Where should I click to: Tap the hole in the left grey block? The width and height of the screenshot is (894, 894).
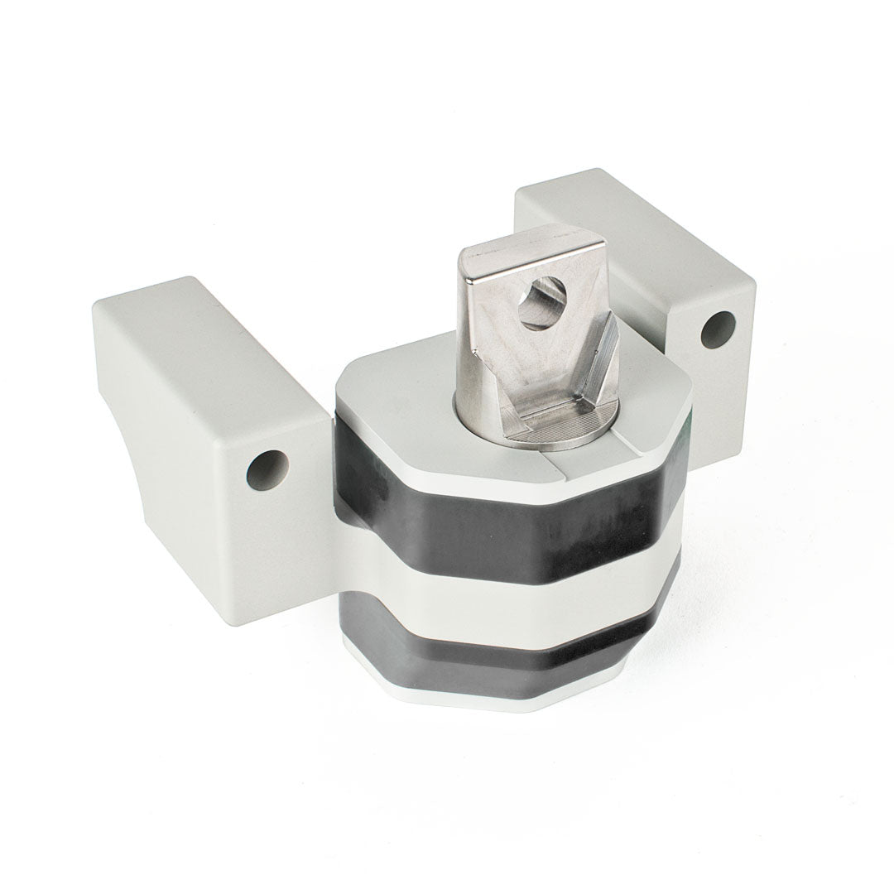click(x=266, y=469)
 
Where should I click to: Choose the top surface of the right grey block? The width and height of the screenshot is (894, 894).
click(x=629, y=215)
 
